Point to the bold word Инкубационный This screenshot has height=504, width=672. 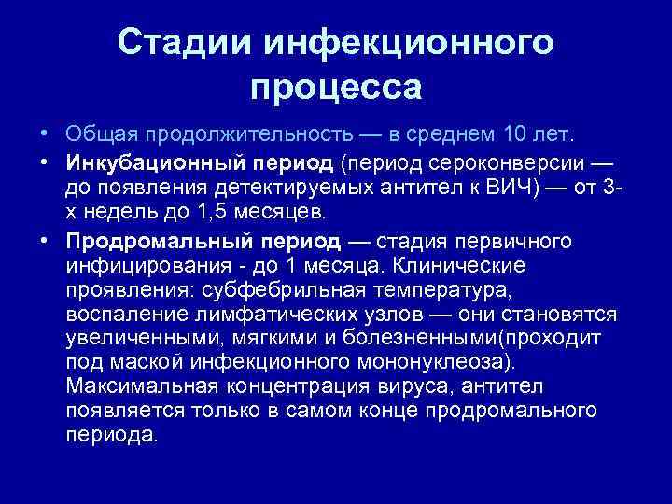coord(156,163)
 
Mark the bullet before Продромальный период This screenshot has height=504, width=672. coord(45,242)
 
